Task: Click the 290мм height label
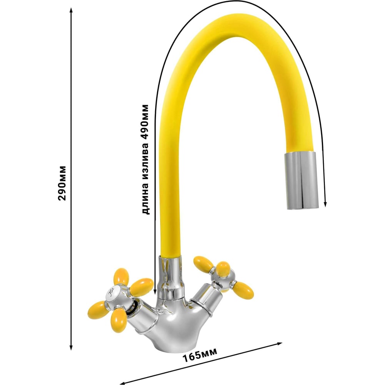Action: [x=62, y=183]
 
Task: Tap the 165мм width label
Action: [x=199, y=355]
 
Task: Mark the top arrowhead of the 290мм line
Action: [x=71, y=10]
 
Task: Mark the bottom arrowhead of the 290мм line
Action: [x=71, y=346]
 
